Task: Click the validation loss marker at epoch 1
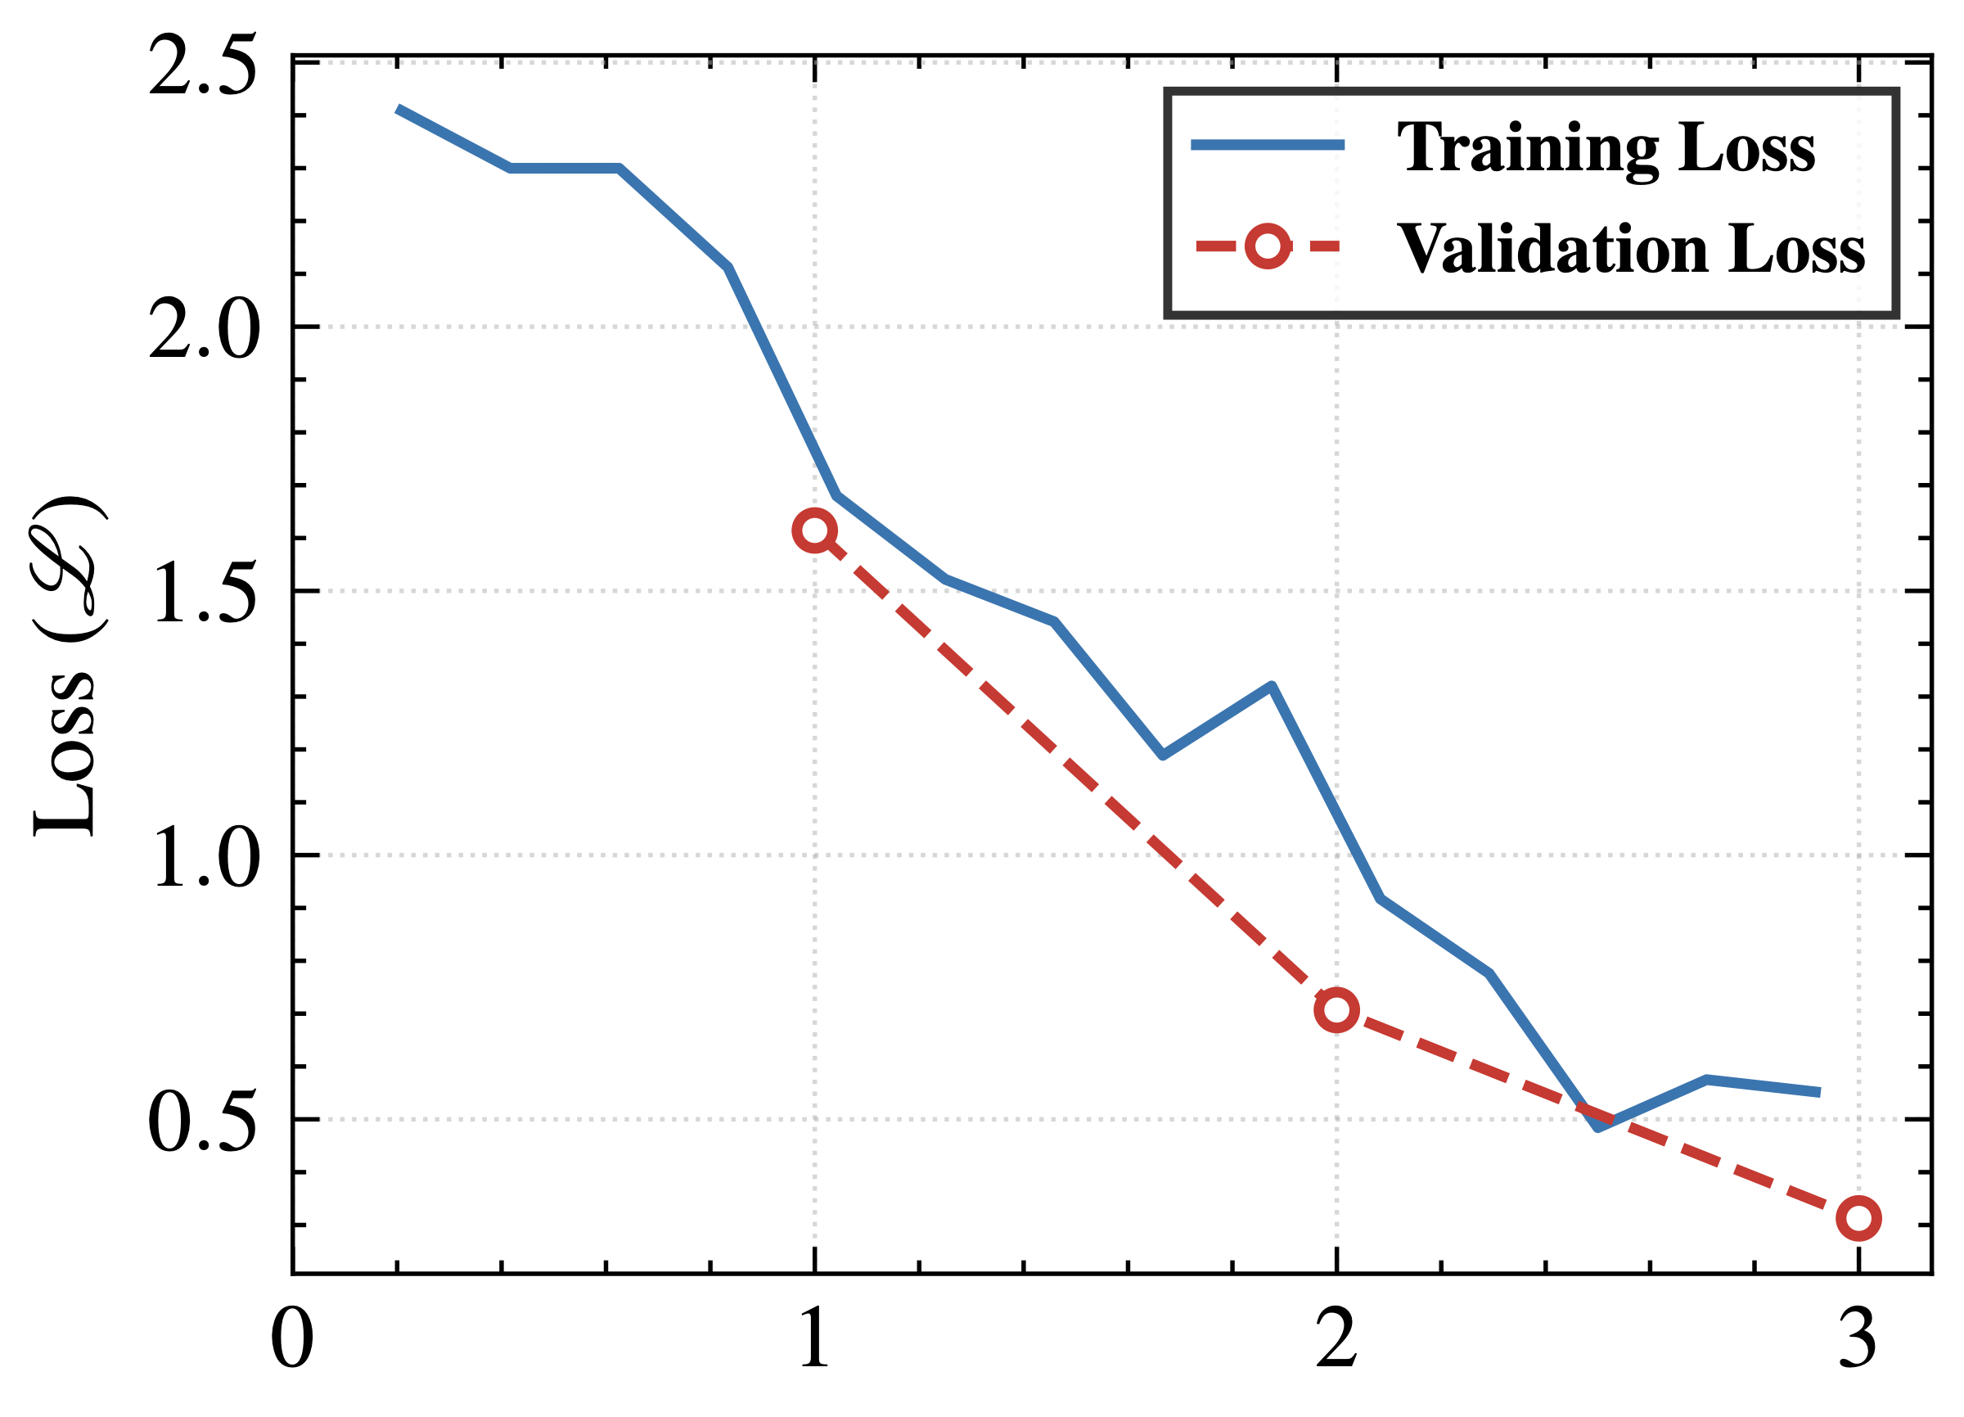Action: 815,530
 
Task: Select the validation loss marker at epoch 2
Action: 1336,1010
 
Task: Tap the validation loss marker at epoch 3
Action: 1858,1219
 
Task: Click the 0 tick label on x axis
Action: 292,1339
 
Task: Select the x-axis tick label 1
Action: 814,1339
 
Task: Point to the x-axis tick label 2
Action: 1336,1339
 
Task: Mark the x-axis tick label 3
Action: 1858,1339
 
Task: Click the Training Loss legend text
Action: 1606,147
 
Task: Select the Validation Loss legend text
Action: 1631,249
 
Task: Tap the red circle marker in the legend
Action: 1267,247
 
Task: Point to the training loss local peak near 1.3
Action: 1270,687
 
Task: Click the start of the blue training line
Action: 398,109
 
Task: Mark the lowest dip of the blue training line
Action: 1597,1127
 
